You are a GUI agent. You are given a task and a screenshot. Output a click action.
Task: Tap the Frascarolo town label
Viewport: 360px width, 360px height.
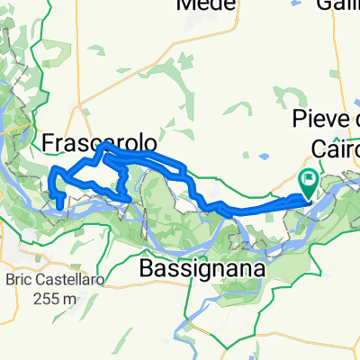(x=100, y=143)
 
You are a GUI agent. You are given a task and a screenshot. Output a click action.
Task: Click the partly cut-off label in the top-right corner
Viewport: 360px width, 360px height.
(x=337, y=4)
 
